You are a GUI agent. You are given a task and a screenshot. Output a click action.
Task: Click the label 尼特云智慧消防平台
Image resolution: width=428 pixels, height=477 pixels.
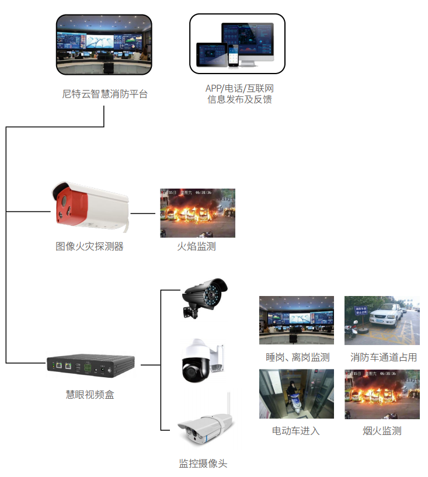click(105, 93)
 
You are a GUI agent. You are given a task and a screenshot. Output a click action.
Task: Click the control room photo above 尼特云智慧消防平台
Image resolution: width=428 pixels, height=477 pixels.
click(104, 45)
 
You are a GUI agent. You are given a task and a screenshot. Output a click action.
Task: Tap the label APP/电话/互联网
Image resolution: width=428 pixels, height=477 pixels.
click(239, 88)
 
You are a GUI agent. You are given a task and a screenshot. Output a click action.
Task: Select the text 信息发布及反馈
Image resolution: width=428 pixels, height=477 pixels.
click(239, 100)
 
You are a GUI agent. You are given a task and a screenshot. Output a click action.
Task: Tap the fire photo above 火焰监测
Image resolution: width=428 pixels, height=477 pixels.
click(197, 213)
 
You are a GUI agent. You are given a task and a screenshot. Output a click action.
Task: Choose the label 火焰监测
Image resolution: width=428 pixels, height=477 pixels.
click(197, 246)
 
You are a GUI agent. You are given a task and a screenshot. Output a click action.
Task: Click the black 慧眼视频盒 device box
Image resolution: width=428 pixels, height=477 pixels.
click(93, 366)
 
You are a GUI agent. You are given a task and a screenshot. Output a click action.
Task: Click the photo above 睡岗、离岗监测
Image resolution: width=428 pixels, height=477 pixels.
click(296, 320)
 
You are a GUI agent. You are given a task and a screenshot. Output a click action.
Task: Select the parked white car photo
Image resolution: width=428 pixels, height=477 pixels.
click(382, 320)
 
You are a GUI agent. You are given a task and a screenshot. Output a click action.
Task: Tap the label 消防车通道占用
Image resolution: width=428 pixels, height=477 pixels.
click(384, 357)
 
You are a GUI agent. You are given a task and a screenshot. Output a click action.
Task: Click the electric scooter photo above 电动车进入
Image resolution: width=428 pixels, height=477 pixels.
click(296, 394)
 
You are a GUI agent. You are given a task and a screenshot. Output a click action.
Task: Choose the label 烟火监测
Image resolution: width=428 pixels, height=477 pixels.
click(382, 431)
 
